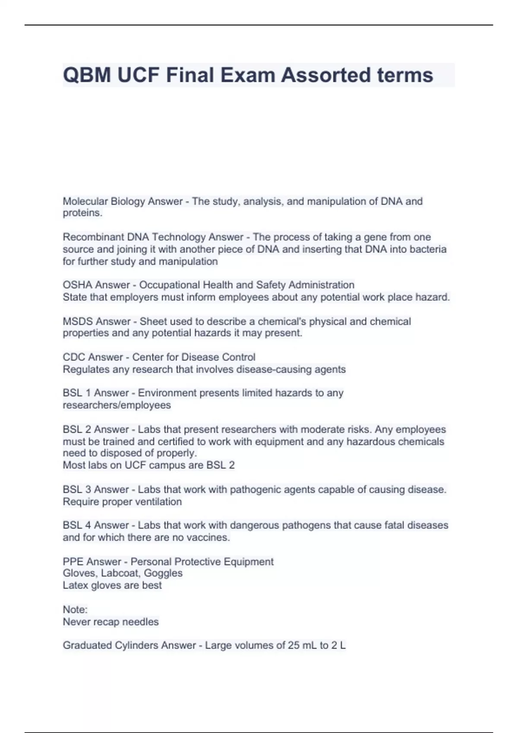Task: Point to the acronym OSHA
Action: coord(78,285)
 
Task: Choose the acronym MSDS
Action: coord(78,322)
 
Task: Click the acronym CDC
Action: coord(75,357)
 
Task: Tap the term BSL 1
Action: coord(77,393)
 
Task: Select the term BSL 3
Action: coord(77,490)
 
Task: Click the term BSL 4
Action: coord(77,526)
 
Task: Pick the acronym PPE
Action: coord(73,562)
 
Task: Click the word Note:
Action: coord(75,610)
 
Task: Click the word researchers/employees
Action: coord(117,405)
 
